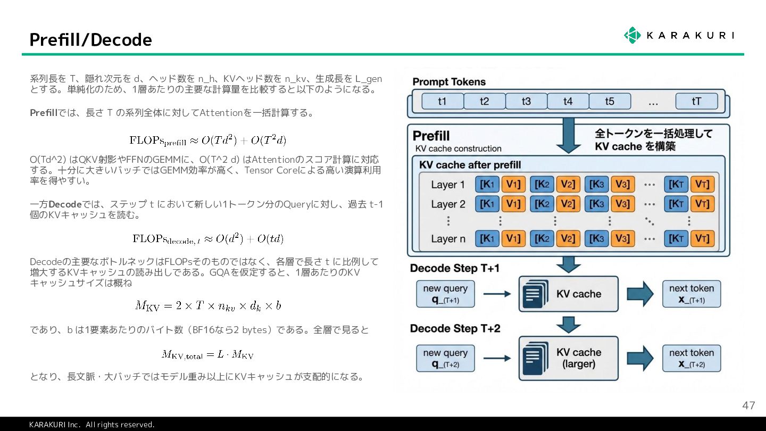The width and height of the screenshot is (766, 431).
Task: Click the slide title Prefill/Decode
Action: pyautogui.click(x=90, y=40)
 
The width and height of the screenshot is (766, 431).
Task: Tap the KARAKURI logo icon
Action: pyautogui.click(x=632, y=35)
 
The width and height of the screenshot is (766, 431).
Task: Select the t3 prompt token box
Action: pyautogui.click(x=526, y=101)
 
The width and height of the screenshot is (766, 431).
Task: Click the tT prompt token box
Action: pyautogui.click(x=696, y=101)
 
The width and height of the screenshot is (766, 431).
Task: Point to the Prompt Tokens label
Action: pyautogui.click(x=449, y=82)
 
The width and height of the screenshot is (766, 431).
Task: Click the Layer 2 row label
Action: pyautogui.click(x=448, y=204)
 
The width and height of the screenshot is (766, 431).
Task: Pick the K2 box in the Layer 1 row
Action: pyautogui.click(x=542, y=184)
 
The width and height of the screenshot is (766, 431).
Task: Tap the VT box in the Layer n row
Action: pyautogui.click(x=702, y=238)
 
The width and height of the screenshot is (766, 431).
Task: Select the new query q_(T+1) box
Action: pyautogui.click(x=445, y=294)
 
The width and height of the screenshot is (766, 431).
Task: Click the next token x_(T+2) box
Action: pyautogui.click(x=692, y=358)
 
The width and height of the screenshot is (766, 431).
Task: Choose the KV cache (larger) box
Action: pyautogui.click(x=568, y=358)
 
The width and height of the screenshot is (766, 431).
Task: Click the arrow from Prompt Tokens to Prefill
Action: pyautogui.click(x=568, y=134)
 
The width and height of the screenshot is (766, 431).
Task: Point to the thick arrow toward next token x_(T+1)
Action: pyautogui.click(x=640, y=294)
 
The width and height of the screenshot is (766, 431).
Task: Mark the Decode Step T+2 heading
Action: pyautogui.click(x=455, y=329)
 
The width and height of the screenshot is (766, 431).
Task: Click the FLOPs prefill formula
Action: pyautogui.click(x=208, y=140)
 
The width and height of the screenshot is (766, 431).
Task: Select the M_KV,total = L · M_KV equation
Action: pyautogui.click(x=207, y=354)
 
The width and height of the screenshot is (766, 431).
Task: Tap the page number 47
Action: pyautogui.click(x=748, y=405)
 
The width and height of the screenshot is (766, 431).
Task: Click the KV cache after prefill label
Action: pyautogui.click(x=470, y=164)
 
